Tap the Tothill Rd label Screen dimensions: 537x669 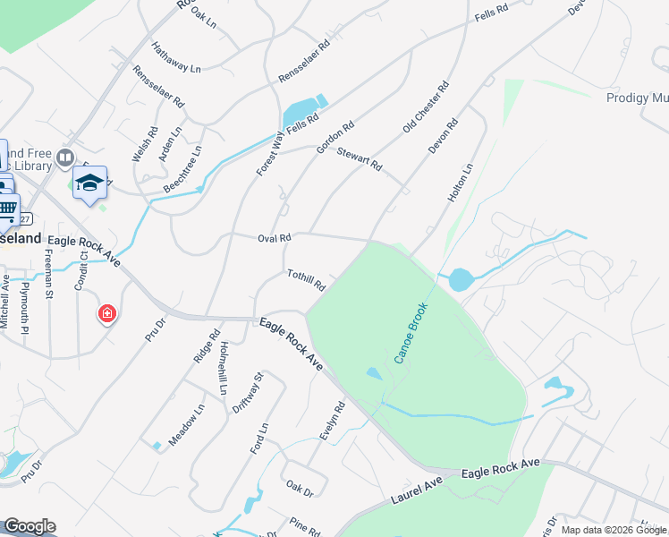(x=306, y=280)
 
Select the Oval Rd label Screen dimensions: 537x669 (x=275, y=239)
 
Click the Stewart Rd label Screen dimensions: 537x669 (x=360, y=160)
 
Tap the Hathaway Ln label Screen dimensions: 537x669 (x=176, y=57)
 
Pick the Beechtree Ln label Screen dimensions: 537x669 (x=182, y=169)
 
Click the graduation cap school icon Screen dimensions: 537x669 (x=89, y=183)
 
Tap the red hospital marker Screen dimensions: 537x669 (x=107, y=313)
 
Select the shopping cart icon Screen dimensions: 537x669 (x=7, y=209)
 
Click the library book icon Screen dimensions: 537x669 (x=64, y=159)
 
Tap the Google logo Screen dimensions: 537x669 (x=30, y=526)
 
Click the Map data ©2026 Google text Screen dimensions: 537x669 (x=613, y=530)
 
